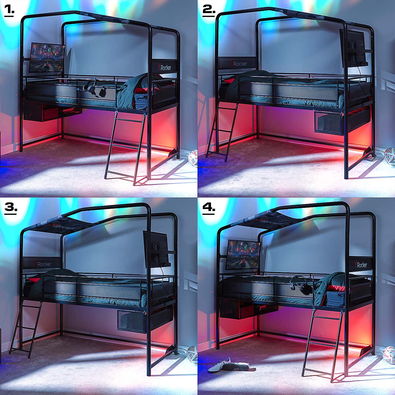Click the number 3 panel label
[11, 208]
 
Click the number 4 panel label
[209, 208]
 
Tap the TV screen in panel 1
[47, 58]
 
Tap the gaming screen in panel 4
[243, 253]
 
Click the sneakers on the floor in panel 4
[228, 366]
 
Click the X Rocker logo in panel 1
[165, 68]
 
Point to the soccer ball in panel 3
[192, 354]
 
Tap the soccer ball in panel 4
[389, 354]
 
